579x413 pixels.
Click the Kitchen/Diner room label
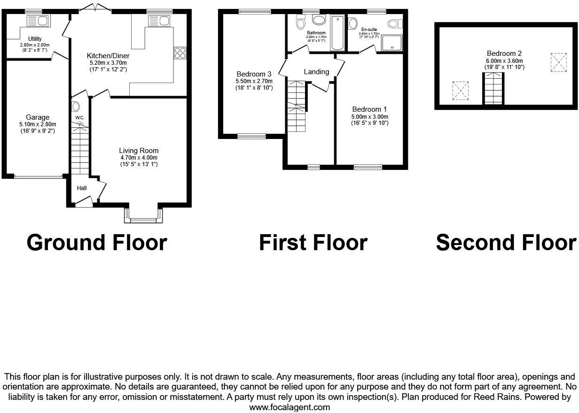(108, 55)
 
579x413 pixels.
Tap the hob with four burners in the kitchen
(180, 53)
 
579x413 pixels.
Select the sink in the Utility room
(38, 21)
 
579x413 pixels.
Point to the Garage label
(38, 117)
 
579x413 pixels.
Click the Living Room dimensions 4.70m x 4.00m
(139, 158)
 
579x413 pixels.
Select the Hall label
(82, 188)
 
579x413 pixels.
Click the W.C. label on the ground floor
(79, 117)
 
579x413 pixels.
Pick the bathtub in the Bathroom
(338, 33)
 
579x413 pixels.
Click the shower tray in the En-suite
(392, 43)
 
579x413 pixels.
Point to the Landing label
(316, 72)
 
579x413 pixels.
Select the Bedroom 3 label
(254, 74)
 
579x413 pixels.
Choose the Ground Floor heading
(97, 242)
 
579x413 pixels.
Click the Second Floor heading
(506, 242)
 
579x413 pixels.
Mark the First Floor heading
(313, 242)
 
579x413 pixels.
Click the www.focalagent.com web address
(289, 407)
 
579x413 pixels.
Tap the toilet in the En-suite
(394, 23)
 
